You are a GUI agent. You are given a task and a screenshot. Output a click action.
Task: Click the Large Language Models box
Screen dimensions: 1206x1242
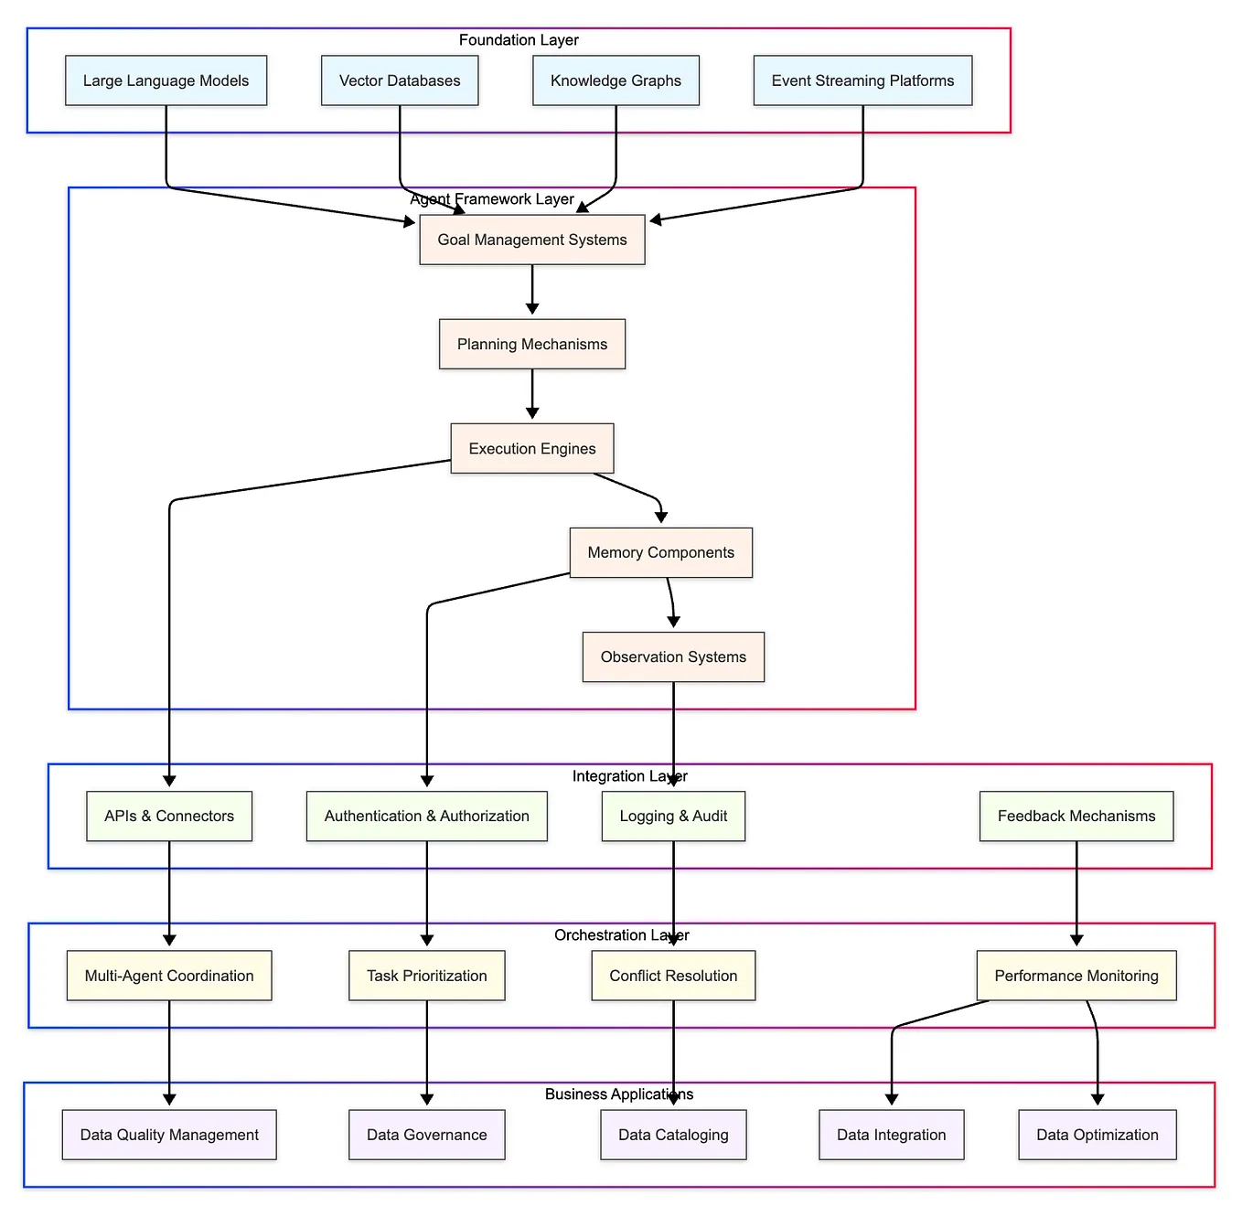coord(166,80)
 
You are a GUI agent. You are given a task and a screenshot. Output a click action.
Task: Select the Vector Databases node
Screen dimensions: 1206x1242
coord(400,80)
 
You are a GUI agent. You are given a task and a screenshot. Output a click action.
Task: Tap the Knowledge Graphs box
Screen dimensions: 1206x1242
coord(616,80)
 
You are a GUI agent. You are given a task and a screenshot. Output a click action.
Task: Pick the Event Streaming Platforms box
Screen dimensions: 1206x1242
coord(862,80)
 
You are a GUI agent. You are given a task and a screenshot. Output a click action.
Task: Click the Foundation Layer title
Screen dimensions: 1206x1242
coord(519,40)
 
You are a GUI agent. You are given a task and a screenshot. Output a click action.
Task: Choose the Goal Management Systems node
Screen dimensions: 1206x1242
coord(532,240)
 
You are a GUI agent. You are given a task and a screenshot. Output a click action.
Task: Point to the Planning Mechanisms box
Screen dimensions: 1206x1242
coord(532,344)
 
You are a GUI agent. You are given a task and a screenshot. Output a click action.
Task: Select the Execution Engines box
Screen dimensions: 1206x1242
coord(532,448)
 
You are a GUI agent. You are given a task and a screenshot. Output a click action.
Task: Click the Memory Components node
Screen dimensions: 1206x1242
coord(660,552)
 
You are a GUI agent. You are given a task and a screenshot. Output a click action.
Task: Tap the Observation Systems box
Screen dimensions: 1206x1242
coord(673,656)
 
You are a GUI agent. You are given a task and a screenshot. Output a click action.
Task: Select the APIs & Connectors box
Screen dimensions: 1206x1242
coord(169,816)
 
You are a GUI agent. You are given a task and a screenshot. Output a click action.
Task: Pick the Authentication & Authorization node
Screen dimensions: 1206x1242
coord(426,816)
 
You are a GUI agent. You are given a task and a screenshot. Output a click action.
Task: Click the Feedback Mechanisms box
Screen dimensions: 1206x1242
coord(1076,816)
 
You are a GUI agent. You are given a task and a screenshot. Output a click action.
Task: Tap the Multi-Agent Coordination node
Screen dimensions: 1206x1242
coord(169,976)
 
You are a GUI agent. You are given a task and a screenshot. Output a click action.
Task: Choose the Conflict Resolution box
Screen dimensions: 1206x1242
coord(673,976)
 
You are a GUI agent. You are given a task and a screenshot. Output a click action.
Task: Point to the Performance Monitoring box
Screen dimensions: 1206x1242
coord(1076,976)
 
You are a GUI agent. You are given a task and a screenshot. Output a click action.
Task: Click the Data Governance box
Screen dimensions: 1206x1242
coord(426,1135)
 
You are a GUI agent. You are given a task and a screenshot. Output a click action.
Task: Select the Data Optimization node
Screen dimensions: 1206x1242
coord(1097,1135)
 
